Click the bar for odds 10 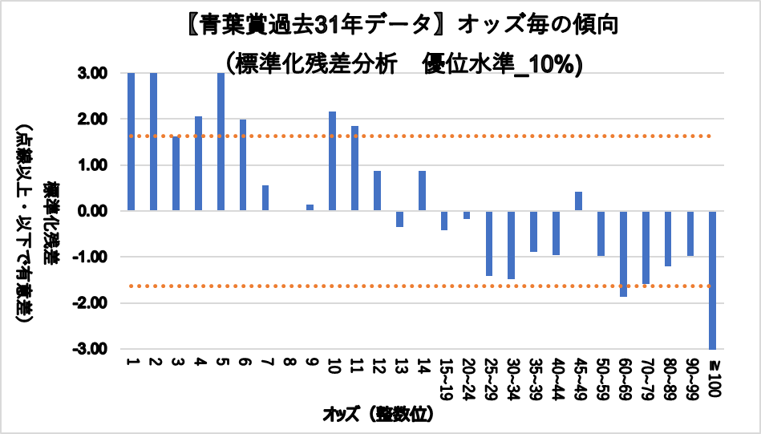[x=333, y=161]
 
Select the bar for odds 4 [x=198, y=164]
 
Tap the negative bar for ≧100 [x=713, y=280]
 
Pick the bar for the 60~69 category [x=623, y=254]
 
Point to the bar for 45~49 [x=578, y=201]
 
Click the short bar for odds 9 [x=310, y=208]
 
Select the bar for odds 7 [x=265, y=198]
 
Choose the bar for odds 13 [x=399, y=218]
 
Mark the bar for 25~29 [x=489, y=243]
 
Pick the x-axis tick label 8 [x=288, y=362]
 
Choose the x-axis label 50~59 [x=601, y=378]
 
